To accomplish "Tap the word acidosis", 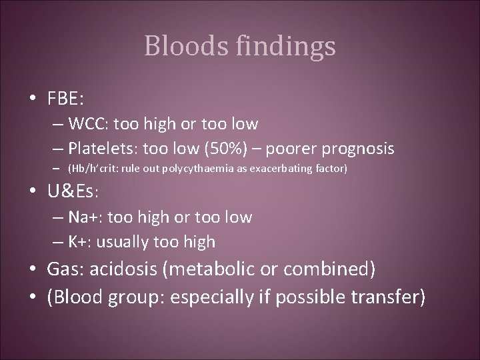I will [x=125, y=269].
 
